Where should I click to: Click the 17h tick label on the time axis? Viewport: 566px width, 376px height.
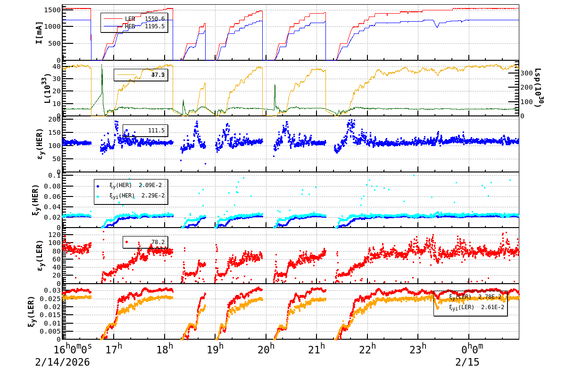(x=114, y=350)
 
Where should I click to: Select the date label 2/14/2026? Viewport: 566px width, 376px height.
(x=62, y=363)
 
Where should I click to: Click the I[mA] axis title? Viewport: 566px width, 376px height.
(x=40, y=33)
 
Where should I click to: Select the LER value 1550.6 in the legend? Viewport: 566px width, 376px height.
(x=155, y=19)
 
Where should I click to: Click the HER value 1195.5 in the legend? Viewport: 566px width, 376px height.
(x=155, y=26)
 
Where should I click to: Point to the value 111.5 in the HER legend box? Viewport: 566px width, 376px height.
(x=156, y=131)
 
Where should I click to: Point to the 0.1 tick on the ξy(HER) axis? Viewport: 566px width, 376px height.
(x=55, y=176)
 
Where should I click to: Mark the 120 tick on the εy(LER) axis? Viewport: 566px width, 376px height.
(x=54, y=235)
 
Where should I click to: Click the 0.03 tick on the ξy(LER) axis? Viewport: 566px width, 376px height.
(x=52, y=290)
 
